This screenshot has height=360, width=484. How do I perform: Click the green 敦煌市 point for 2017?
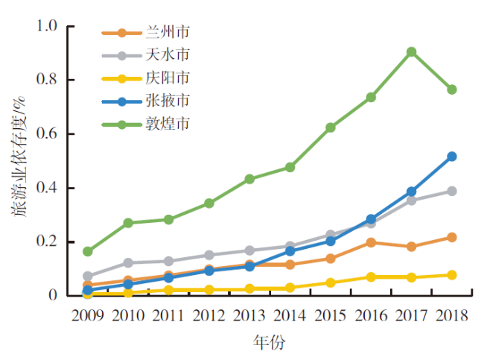coord(411,52)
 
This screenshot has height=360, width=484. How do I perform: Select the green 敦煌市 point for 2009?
coord(88,251)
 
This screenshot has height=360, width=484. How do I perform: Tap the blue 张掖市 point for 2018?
coord(451,157)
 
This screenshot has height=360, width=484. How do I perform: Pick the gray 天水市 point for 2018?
coord(451,191)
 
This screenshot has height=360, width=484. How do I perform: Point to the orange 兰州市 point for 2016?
coord(371,242)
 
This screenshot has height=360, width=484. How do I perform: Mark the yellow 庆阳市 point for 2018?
coord(451,275)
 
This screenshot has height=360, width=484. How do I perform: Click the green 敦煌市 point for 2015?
coord(330,127)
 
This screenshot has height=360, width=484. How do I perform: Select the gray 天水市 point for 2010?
coord(128,262)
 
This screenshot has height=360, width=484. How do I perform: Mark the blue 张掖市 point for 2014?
coord(290,251)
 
